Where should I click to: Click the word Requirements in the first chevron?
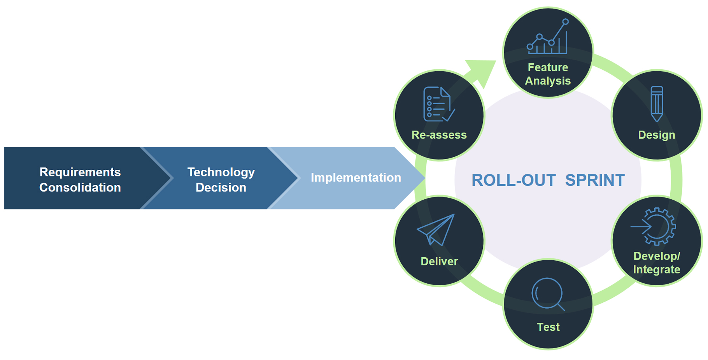point(80,172)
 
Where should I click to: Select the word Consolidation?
point(80,188)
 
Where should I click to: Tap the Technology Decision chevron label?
point(221,179)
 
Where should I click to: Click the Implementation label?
point(356,177)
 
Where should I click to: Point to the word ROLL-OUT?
point(513,181)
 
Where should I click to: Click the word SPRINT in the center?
point(595,181)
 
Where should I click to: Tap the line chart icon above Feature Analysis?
point(548,38)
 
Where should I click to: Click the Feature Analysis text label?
point(548,74)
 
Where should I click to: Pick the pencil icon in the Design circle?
point(657,104)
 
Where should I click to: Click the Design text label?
point(657,135)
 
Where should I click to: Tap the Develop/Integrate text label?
point(657,263)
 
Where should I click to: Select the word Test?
point(548,327)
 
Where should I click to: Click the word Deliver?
point(439,261)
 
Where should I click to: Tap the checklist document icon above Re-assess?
point(438,104)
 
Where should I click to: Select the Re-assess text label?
point(439,135)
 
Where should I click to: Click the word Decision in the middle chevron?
point(221,188)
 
